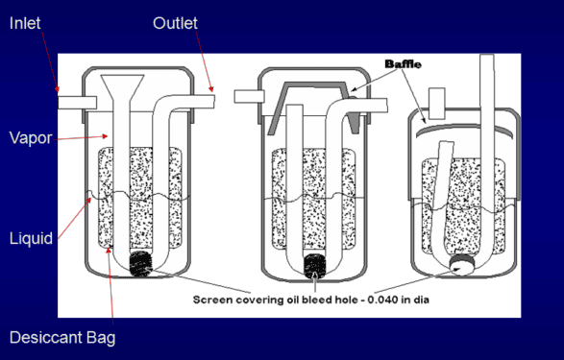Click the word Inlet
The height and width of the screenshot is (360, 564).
click(x=25, y=22)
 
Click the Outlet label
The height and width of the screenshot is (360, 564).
click(x=176, y=22)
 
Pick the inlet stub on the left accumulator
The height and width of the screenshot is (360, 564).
click(x=74, y=100)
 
